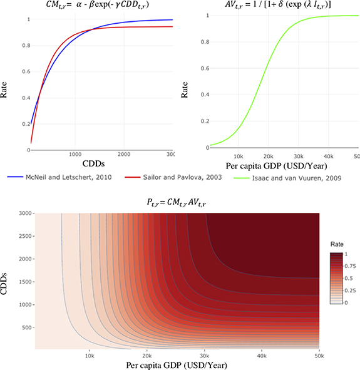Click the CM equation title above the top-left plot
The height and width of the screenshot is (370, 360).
click(100, 8)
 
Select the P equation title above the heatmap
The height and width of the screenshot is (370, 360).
click(177, 203)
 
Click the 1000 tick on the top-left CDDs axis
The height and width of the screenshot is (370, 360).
click(75, 154)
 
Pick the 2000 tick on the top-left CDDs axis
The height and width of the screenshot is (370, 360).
click(124, 154)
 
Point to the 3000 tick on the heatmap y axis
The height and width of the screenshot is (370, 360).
click(25, 213)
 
